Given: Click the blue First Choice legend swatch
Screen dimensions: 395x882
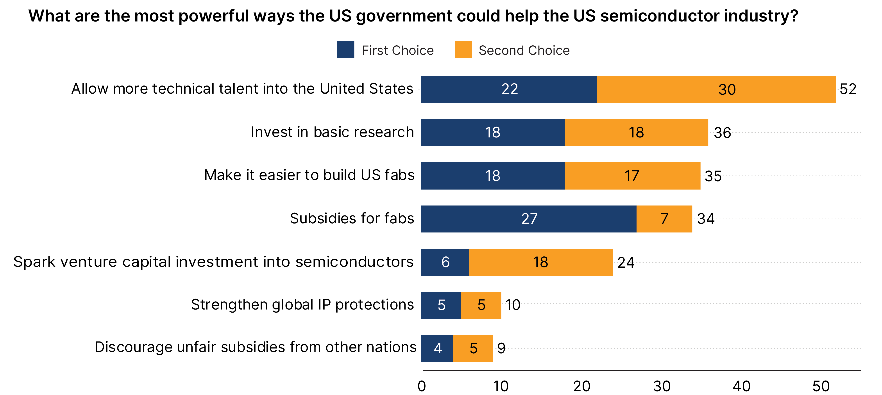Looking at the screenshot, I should pos(345,50).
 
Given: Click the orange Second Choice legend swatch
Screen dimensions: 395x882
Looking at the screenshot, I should pos(463,50).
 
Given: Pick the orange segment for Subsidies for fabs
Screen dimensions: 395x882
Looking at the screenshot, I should pos(664,219).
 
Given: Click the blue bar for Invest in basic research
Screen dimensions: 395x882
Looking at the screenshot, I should pos(492,132).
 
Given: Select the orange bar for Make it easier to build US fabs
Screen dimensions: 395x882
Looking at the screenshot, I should pos(632,176).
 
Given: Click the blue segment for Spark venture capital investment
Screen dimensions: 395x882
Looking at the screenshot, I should pos(445,262).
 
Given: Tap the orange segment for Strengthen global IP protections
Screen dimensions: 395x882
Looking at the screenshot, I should pos(481,305).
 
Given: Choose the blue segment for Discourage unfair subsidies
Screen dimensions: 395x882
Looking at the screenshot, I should pos(437,349).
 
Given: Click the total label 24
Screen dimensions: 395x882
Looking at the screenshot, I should pos(626,263).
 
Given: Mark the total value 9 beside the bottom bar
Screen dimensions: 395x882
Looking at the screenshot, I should pos(501,349).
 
